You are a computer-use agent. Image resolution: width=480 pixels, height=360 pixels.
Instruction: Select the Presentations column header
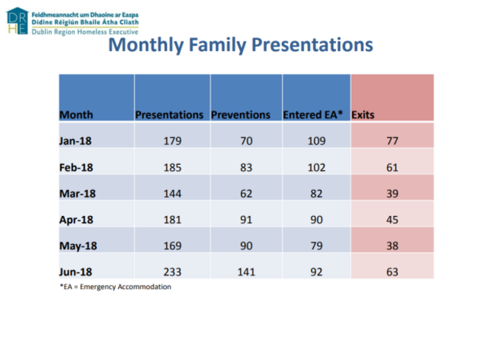169,115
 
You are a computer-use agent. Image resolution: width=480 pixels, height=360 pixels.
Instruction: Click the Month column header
75,115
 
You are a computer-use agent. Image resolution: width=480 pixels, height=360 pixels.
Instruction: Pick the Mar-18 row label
78,194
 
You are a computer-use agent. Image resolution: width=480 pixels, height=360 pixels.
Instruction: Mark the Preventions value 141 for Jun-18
245,271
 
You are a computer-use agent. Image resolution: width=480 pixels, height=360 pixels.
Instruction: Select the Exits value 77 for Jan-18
392,141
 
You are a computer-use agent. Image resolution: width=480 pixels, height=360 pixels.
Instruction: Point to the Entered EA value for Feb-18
316,168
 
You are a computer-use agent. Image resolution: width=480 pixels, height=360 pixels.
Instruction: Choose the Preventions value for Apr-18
245,220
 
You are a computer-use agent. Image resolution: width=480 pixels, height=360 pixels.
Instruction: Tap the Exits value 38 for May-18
392,245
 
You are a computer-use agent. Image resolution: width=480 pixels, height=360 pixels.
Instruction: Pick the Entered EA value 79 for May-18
316,245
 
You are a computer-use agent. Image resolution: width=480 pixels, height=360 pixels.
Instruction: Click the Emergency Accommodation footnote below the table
115,287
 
